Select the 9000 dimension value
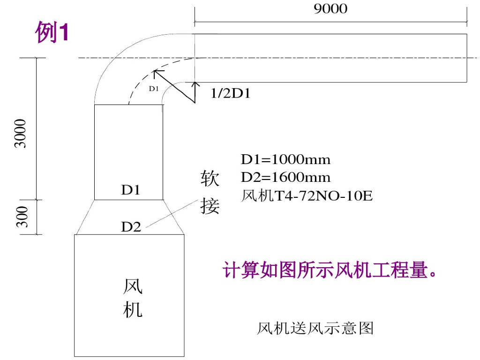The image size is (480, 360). click(x=330, y=9)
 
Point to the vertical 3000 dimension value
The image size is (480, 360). click(x=21, y=134)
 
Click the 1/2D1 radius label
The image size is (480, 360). click(x=230, y=94)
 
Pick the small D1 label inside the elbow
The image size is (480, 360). click(x=154, y=88)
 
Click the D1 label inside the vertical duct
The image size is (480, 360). click(x=131, y=190)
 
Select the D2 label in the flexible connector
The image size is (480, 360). click(x=131, y=227)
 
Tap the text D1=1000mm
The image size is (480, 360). click(x=285, y=160)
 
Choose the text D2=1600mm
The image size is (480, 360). click(x=285, y=177)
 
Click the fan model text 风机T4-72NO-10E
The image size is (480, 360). click(x=307, y=195)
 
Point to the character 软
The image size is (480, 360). click(x=210, y=179)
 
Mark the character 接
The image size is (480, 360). click(x=210, y=205)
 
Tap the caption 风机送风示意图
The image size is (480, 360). click(x=315, y=328)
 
